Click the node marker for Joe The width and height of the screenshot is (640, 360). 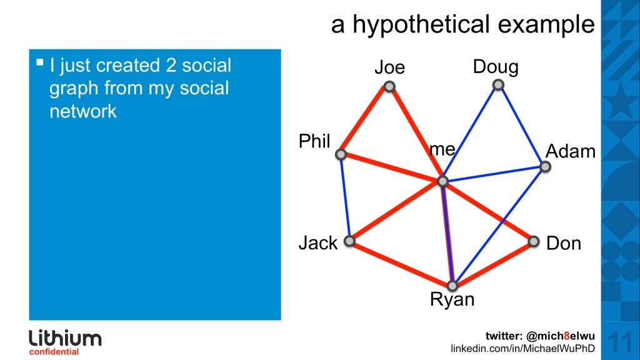[x=389, y=87]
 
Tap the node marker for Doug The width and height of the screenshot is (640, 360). [x=497, y=84]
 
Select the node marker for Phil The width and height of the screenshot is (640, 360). [x=341, y=154]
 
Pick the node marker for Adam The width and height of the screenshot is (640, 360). [x=545, y=167]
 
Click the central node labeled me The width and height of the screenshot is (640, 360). [x=442, y=181]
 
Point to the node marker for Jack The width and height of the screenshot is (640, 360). [x=350, y=241]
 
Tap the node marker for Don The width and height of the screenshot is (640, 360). [x=533, y=241]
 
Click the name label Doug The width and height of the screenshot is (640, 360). [x=496, y=66]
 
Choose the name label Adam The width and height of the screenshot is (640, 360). [x=571, y=151]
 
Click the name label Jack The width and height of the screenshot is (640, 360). [x=317, y=242]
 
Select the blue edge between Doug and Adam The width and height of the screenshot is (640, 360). [x=521, y=126]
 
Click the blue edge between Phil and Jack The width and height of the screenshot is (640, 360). [x=346, y=197]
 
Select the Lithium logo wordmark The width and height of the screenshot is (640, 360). [x=65, y=339]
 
